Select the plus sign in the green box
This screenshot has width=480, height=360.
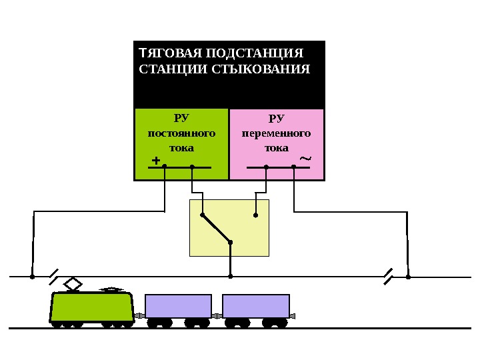pyautogui.click(x=156, y=161)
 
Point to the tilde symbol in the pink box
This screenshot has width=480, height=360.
pyautogui.click(x=305, y=159)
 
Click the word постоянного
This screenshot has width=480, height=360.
pyautogui.click(x=181, y=133)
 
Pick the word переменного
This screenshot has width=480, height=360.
pyautogui.click(x=276, y=133)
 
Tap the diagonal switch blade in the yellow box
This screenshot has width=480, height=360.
pyautogui.click(x=216, y=229)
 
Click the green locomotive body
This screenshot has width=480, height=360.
pyautogui.click(x=92, y=307)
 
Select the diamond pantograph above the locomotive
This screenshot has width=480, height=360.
pyautogui.click(x=73, y=285)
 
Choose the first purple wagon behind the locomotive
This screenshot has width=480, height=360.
pyautogui.click(x=178, y=306)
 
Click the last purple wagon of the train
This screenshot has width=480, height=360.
pyautogui.click(x=256, y=306)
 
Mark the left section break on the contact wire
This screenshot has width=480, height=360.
pyautogui.click(x=54, y=276)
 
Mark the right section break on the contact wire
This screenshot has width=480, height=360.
pyautogui.click(x=388, y=276)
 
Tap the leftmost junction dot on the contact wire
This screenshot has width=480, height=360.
pyautogui.click(x=32, y=276)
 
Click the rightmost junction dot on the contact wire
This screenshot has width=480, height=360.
pyautogui.click(x=408, y=276)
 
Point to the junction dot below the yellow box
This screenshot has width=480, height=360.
pyautogui.click(x=230, y=276)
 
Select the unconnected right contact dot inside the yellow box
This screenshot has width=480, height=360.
pyautogui.click(x=255, y=215)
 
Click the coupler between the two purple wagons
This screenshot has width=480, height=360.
pyautogui.click(x=217, y=315)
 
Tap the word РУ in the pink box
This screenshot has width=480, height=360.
pyautogui.click(x=276, y=119)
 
